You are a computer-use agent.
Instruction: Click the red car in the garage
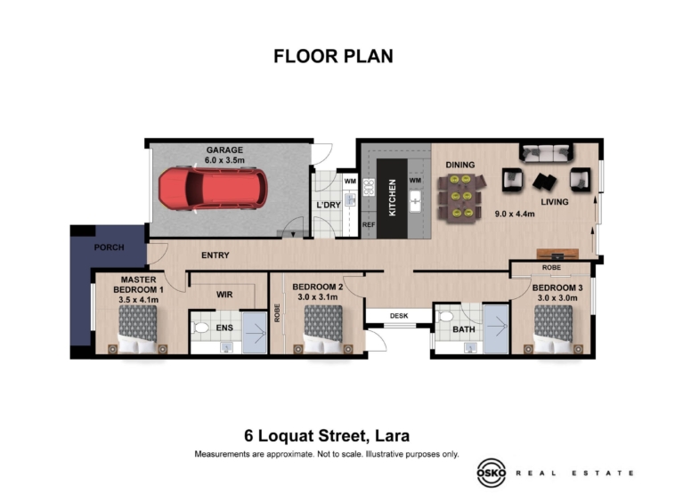[x=213, y=190]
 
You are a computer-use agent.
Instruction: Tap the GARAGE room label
[x=224, y=150]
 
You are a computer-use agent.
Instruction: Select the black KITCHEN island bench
[x=392, y=198]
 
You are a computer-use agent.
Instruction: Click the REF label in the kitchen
[x=369, y=224]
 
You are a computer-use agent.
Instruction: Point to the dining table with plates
[x=460, y=198]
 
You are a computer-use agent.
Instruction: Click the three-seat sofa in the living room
[x=546, y=152]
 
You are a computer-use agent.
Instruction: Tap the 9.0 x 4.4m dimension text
[x=515, y=214]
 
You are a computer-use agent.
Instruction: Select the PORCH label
[x=110, y=247]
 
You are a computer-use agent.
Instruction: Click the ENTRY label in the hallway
[x=216, y=255]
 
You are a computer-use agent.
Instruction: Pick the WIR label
[x=224, y=295]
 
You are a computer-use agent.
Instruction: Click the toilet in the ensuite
[x=199, y=328]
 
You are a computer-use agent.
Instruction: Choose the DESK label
[x=399, y=316]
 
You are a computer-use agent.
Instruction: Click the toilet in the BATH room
[x=445, y=317]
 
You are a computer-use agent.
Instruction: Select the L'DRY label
[x=329, y=206]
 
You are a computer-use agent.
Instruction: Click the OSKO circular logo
[x=492, y=473]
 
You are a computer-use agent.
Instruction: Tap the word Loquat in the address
[x=295, y=436]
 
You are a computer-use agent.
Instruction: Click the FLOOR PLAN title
[x=334, y=56]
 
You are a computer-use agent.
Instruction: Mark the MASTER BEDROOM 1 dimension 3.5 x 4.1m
[x=139, y=299]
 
